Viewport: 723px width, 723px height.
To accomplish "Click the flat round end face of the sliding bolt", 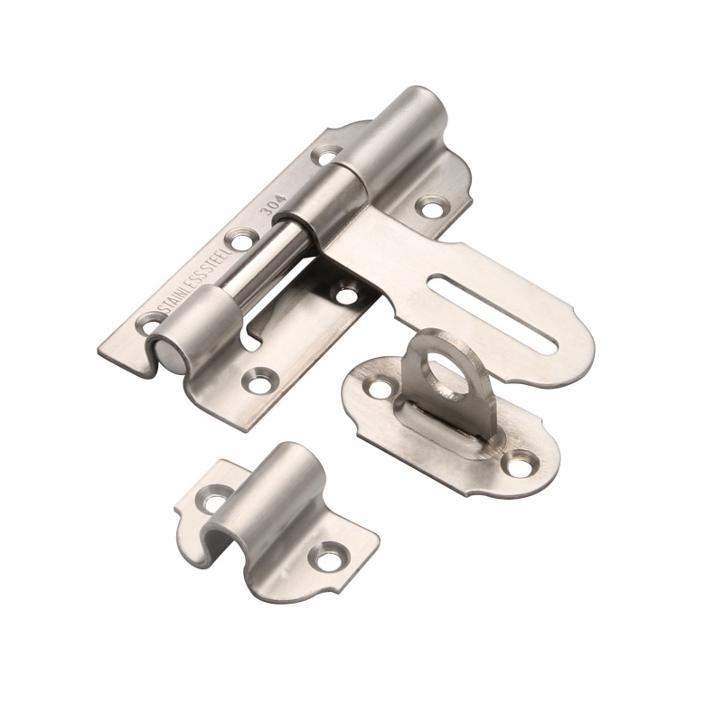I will [x=164, y=353].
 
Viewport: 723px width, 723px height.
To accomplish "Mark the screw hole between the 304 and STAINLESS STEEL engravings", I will [x=239, y=239].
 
